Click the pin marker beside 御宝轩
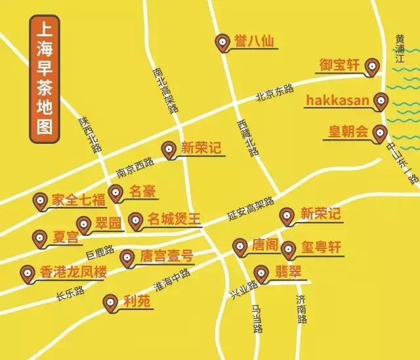pyautogui.click(x=373, y=66)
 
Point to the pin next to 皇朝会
pyautogui.click(x=379, y=134)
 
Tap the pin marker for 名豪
pyautogui.click(x=115, y=193)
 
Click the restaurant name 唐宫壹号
pyautogui.click(x=166, y=256)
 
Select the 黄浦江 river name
pyautogui.click(x=398, y=50)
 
